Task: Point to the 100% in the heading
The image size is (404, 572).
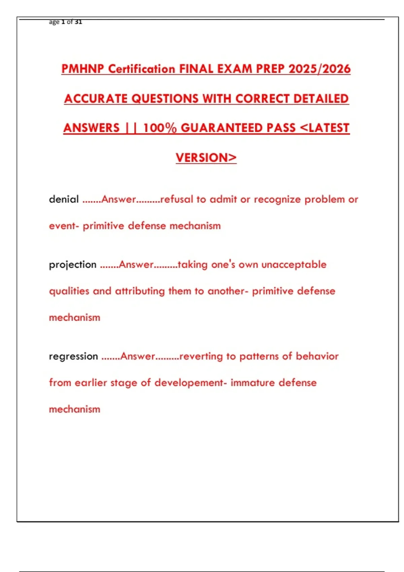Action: [160, 128]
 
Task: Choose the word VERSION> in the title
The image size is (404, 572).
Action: [206, 157]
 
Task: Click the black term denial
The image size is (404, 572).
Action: [64, 199]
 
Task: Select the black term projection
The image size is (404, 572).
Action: [73, 264]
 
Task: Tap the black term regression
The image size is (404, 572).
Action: [73, 356]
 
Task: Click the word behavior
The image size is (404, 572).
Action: [317, 356]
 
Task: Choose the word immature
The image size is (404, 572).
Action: [252, 383]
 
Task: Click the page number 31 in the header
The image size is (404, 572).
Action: [78, 22]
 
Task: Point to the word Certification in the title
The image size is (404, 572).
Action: [142, 69]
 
